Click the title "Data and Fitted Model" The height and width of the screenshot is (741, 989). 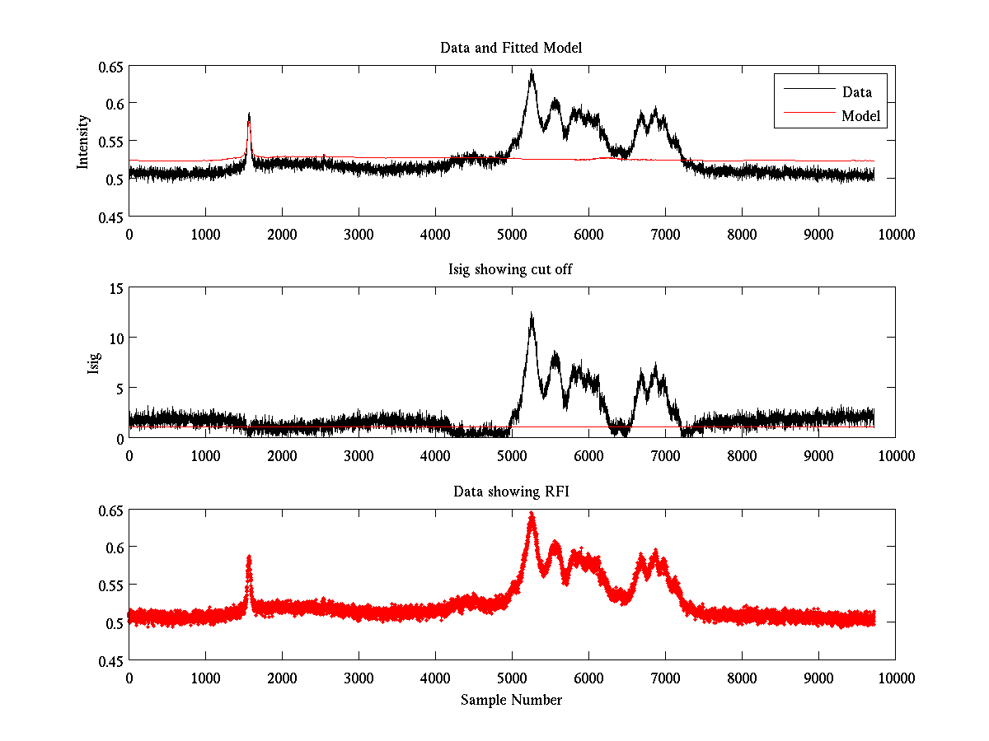pos(511,48)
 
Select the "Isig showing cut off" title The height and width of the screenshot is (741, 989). pos(511,270)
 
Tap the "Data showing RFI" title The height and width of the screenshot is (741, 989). pos(511,492)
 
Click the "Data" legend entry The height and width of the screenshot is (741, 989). pos(856,92)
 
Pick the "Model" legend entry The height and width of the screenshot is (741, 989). pos(861,116)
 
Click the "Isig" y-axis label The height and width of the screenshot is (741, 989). pos(93,363)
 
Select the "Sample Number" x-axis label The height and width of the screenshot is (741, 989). pos(511,700)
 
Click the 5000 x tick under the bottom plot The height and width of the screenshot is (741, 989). pos(512,678)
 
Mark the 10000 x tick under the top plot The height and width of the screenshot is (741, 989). pos(895,234)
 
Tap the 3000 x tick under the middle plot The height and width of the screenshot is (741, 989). pos(359,455)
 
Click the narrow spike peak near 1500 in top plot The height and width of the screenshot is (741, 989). pos(249,114)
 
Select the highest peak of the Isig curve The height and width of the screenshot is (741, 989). pos(532,314)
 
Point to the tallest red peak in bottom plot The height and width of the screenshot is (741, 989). pos(532,514)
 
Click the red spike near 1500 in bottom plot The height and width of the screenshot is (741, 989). pos(249,558)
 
